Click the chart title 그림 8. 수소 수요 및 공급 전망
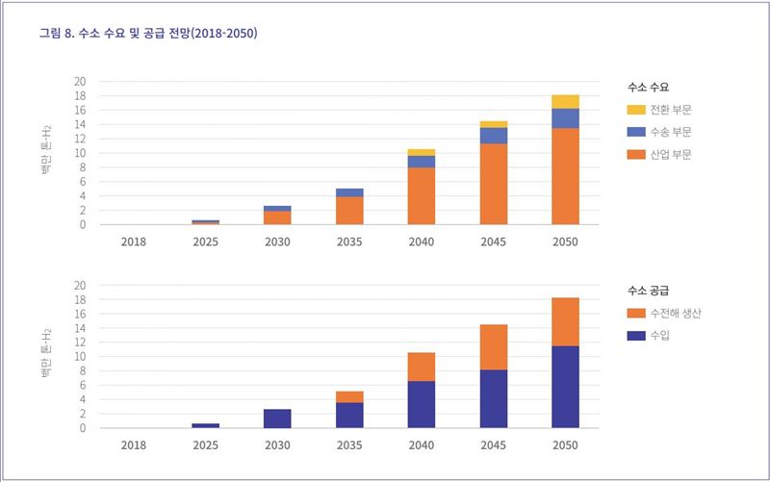148,34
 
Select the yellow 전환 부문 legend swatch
636,110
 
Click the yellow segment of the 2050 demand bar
565,102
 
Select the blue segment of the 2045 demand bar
494,136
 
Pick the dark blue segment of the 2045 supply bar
494,398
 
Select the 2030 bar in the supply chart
277,419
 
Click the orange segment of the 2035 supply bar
349,396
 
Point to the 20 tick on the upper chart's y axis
80,82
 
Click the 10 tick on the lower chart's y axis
80,357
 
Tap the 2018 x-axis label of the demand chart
134,241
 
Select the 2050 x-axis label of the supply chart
565,444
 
